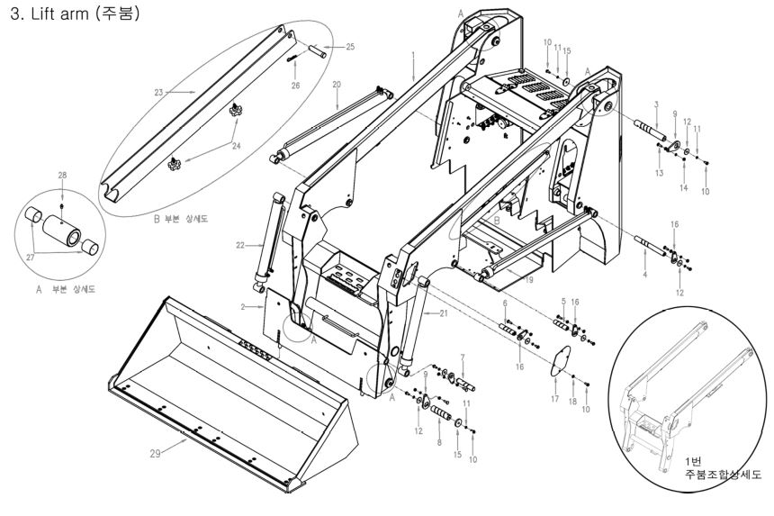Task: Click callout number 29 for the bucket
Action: tap(155, 453)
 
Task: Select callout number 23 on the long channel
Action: tap(158, 92)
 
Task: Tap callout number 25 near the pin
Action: tap(350, 47)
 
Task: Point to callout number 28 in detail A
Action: tap(62, 176)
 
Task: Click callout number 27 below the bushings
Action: tap(31, 258)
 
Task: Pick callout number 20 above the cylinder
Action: tap(337, 85)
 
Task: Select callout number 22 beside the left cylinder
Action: tap(240, 245)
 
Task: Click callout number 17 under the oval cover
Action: tap(554, 398)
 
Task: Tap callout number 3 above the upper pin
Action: tap(656, 104)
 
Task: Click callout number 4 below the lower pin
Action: tap(644, 274)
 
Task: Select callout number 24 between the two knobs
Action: tap(237, 146)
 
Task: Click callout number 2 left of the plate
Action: tap(243, 307)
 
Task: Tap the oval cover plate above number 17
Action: tap(561, 360)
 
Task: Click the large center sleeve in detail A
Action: tap(61, 231)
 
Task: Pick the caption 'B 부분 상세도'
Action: tap(181, 219)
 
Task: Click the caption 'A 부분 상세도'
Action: tap(66, 289)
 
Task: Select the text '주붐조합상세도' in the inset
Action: tap(723, 475)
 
